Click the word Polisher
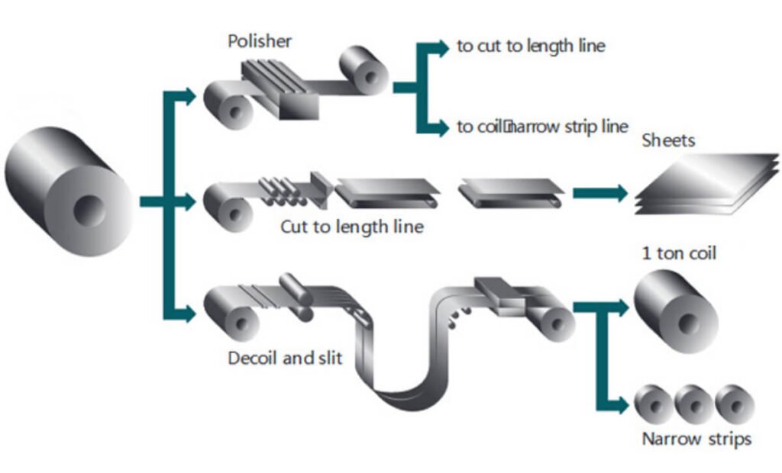[x=260, y=40]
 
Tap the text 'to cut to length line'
[x=531, y=46]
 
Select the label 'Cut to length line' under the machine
[x=351, y=227]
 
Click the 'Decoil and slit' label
[x=285, y=357]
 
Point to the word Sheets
[x=669, y=140]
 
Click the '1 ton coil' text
[x=678, y=253]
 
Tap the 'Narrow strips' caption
[x=696, y=439]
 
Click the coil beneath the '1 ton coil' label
[x=674, y=314]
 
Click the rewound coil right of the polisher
[x=365, y=72]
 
